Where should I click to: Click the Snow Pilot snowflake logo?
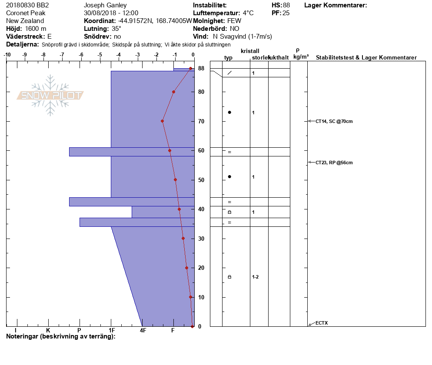coord(50,95)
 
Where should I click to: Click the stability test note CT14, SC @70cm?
coord(334,121)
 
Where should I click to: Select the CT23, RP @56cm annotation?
coord(334,163)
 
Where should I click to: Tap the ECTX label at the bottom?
coord(322,323)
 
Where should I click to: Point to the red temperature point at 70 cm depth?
coord(163,121)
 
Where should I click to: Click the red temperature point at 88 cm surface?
coord(190,69)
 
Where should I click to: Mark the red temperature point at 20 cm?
coord(186,268)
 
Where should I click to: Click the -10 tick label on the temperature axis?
coord(7,55)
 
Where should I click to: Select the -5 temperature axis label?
coord(100,55)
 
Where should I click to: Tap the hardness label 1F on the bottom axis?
coord(112,330)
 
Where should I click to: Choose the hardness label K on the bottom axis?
coord(48,330)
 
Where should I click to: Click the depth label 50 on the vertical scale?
coord(201,180)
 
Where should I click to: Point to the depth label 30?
coord(201,239)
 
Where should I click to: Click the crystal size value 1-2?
coord(256,277)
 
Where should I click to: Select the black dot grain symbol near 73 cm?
coord(229,113)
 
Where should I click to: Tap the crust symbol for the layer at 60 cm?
coord(229,152)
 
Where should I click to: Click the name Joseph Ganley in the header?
coord(105,5)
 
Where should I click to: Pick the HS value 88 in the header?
coord(286,5)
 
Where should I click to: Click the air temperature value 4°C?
coord(248,13)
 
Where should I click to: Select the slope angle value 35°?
coord(116,29)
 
